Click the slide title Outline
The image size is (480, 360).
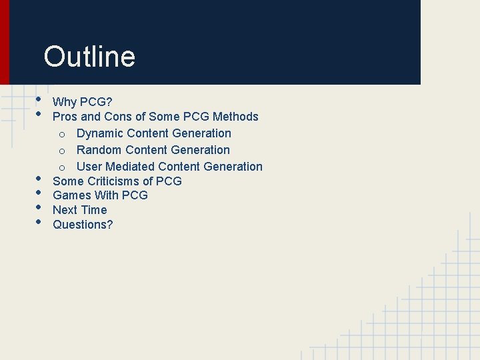[x=89, y=57]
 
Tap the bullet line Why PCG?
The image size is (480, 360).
[x=83, y=102]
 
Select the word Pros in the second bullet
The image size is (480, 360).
[x=65, y=117]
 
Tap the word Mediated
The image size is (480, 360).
[x=130, y=167]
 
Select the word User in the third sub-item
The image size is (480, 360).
[x=89, y=167]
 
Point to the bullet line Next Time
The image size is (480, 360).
[x=79, y=210]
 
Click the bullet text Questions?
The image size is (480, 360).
[x=83, y=225]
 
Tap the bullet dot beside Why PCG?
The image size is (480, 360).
[x=39, y=101]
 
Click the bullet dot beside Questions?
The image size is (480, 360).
[x=39, y=222]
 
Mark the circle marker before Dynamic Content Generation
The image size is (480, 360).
[x=61, y=134]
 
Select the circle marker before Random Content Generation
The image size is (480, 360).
[x=61, y=151]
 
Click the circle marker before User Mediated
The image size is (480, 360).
[x=61, y=167]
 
